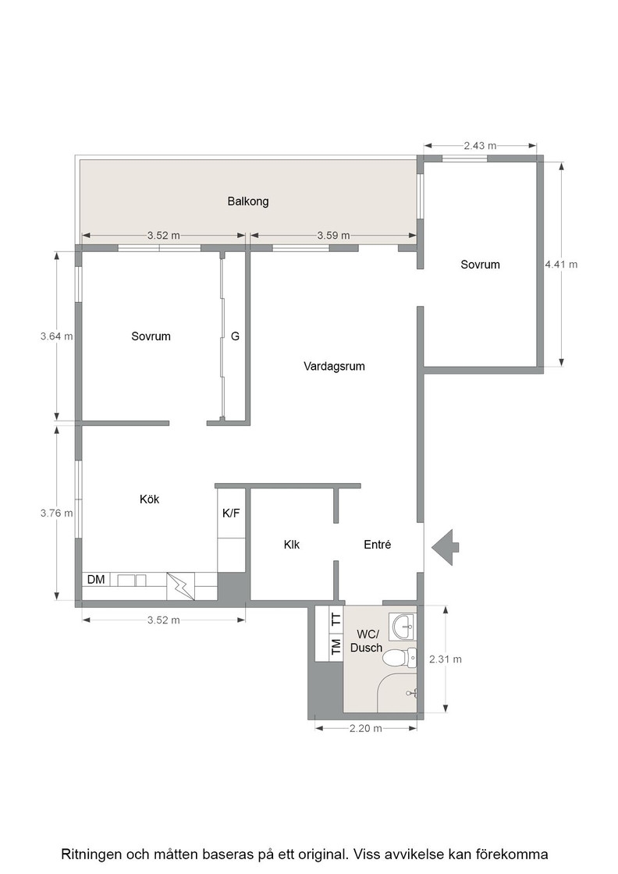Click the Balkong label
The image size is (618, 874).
click(248, 201)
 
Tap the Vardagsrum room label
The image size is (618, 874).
click(334, 366)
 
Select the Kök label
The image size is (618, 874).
click(149, 499)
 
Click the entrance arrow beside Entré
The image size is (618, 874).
click(446, 547)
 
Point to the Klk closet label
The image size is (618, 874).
click(292, 545)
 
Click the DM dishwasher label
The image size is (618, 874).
click(96, 580)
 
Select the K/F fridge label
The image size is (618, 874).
click(231, 513)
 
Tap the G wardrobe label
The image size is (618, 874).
click(235, 336)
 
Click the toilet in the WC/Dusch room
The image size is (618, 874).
click(400, 659)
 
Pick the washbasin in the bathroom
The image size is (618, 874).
click(404, 627)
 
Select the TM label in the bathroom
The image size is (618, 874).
click(336, 647)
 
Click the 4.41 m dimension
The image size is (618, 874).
click(561, 265)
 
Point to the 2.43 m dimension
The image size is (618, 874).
click(480, 145)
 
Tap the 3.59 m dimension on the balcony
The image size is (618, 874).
click(334, 235)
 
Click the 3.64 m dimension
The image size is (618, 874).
click(57, 336)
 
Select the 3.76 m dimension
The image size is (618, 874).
click(57, 513)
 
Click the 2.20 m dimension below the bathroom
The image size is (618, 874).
click(365, 728)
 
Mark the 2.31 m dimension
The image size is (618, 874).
click(446, 659)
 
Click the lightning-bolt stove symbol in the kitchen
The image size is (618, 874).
click(180, 586)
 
